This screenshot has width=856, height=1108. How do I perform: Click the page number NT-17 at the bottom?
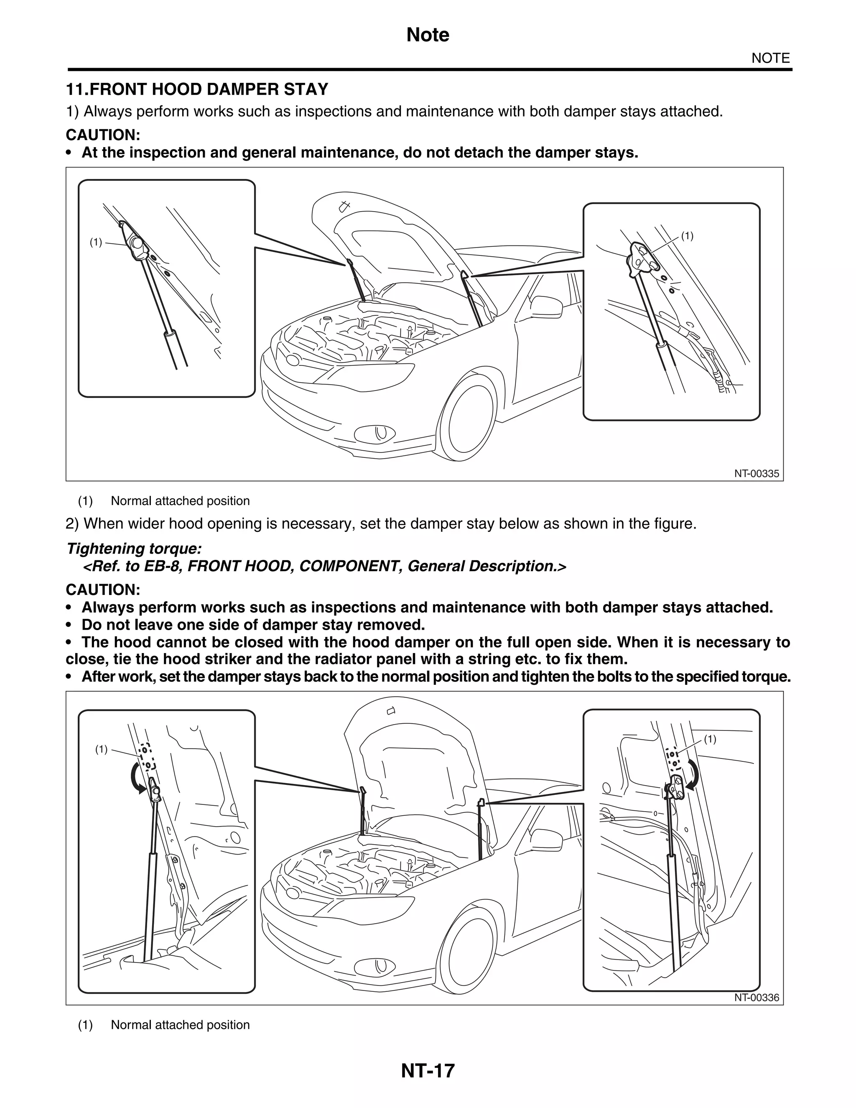click(428, 1070)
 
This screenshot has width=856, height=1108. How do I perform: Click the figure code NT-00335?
click(756, 474)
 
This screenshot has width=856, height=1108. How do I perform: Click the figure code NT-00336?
click(756, 997)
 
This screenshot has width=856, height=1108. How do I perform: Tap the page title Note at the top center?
click(428, 35)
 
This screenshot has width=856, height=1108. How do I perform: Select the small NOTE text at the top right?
click(770, 59)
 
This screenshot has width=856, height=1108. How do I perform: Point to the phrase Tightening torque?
click(134, 549)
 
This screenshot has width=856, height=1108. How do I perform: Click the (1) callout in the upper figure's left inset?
click(96, 243)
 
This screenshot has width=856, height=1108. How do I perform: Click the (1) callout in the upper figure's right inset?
click(687, 235)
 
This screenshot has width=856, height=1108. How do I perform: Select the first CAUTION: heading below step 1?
click(102, 135)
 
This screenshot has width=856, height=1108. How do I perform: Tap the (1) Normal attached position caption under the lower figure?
click(164, 1025)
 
